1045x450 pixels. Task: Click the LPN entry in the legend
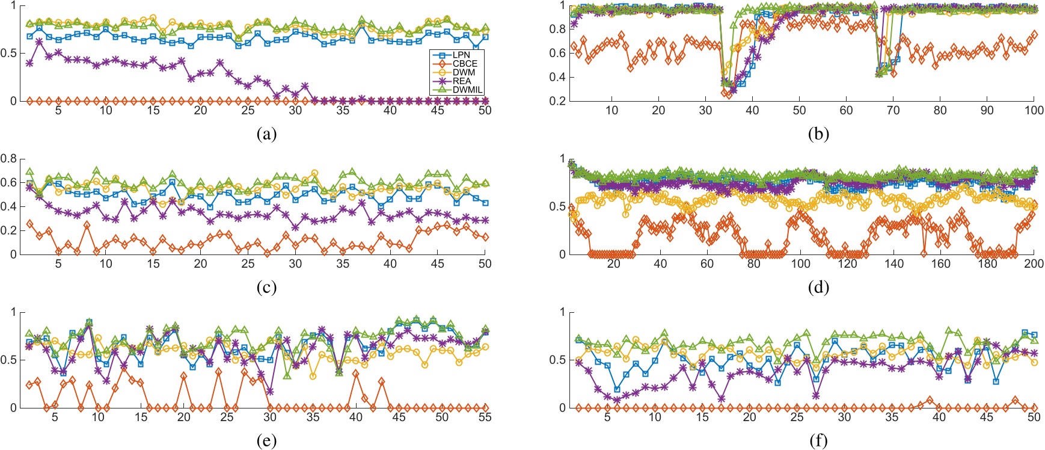coord(461,55)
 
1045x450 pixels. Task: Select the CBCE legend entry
coord(465,63)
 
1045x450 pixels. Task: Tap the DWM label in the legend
coord(464,72)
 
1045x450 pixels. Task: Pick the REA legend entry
coord(462,81)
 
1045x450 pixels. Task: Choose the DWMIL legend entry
coord(467,90)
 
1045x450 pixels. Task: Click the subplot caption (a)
coord(266,134)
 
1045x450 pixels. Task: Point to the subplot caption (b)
coord(818,134)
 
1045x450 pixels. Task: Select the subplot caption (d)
coord(818,288)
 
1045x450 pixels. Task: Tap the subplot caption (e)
coord(266,441)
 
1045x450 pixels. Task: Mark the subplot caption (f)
coord(818,441)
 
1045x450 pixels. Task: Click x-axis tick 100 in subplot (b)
coord(1034,110)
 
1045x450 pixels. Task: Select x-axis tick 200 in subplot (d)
coord(1034,264)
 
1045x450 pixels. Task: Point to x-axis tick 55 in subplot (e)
coord(485,417)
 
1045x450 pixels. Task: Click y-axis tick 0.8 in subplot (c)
coord(8,159)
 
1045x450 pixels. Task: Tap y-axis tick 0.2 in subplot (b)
coord(557,101)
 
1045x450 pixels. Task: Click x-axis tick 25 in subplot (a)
coord(248,110)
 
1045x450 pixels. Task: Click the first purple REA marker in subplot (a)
coord(30,63)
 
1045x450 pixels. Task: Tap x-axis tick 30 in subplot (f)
coord(844,417)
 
